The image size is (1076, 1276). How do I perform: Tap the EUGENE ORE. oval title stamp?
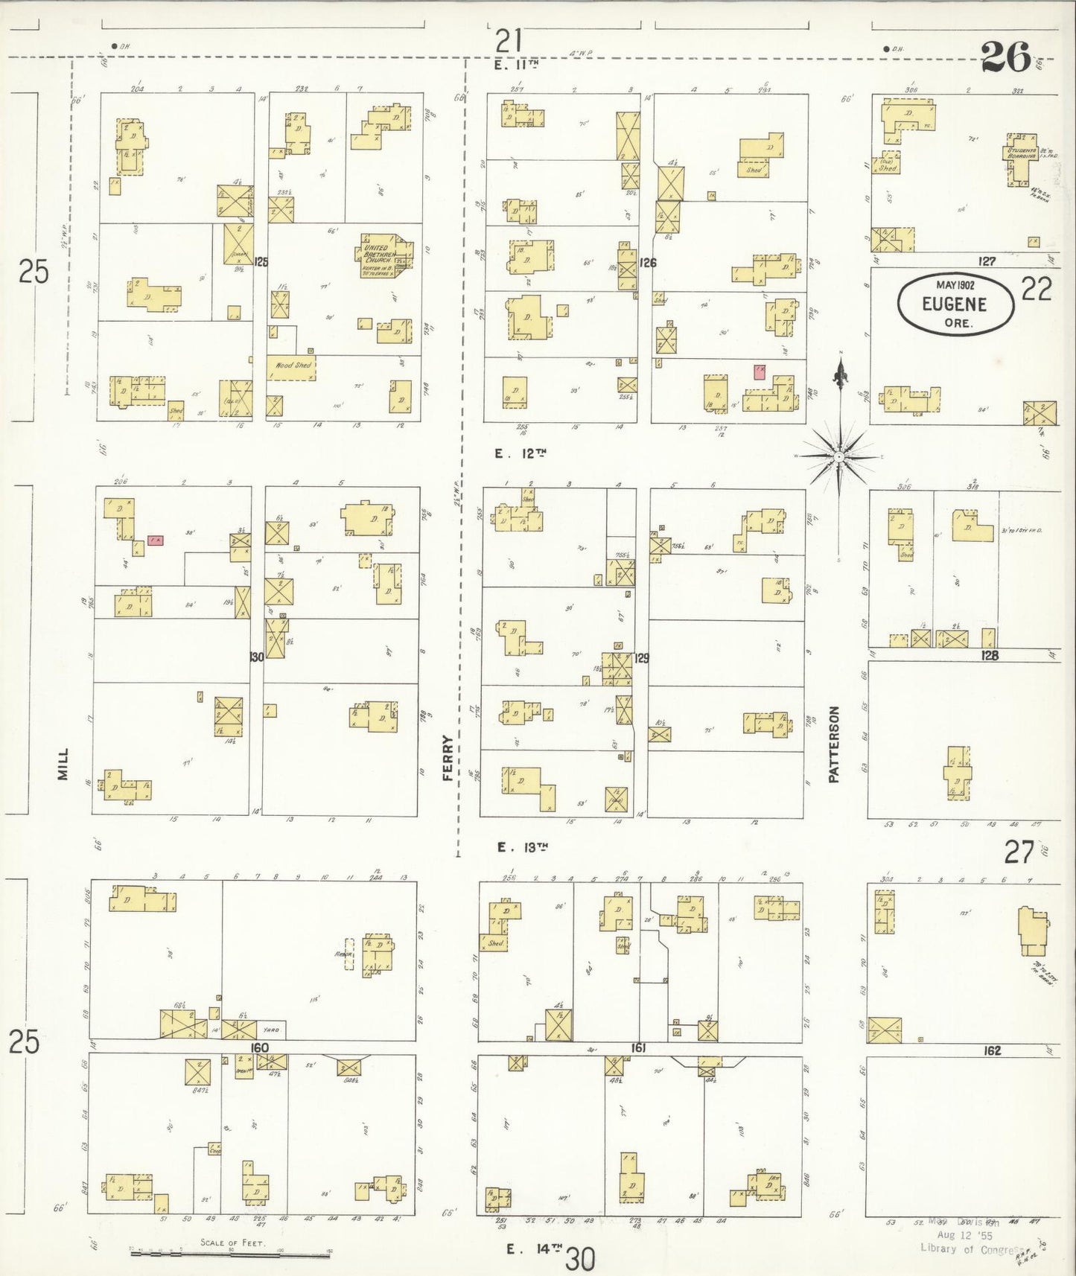click(x=955, y=303)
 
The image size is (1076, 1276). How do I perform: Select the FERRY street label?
click(x=448, y=758)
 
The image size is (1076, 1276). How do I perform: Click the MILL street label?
click(x=63, y=764)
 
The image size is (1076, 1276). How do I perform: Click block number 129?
click(x=641, y=658)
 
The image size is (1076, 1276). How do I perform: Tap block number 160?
click(x=258, y=1047)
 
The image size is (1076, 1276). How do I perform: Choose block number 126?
click(x=647, y=263)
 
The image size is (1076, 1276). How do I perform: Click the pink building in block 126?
click(x=760, y=371)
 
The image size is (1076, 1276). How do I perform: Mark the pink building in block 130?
click(x=155, y=540)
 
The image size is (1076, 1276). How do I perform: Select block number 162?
click(x=991, y=1050)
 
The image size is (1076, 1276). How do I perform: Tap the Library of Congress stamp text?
click(x=967, y=1248)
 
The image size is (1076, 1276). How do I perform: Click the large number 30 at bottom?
click(x=580, y=1260)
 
